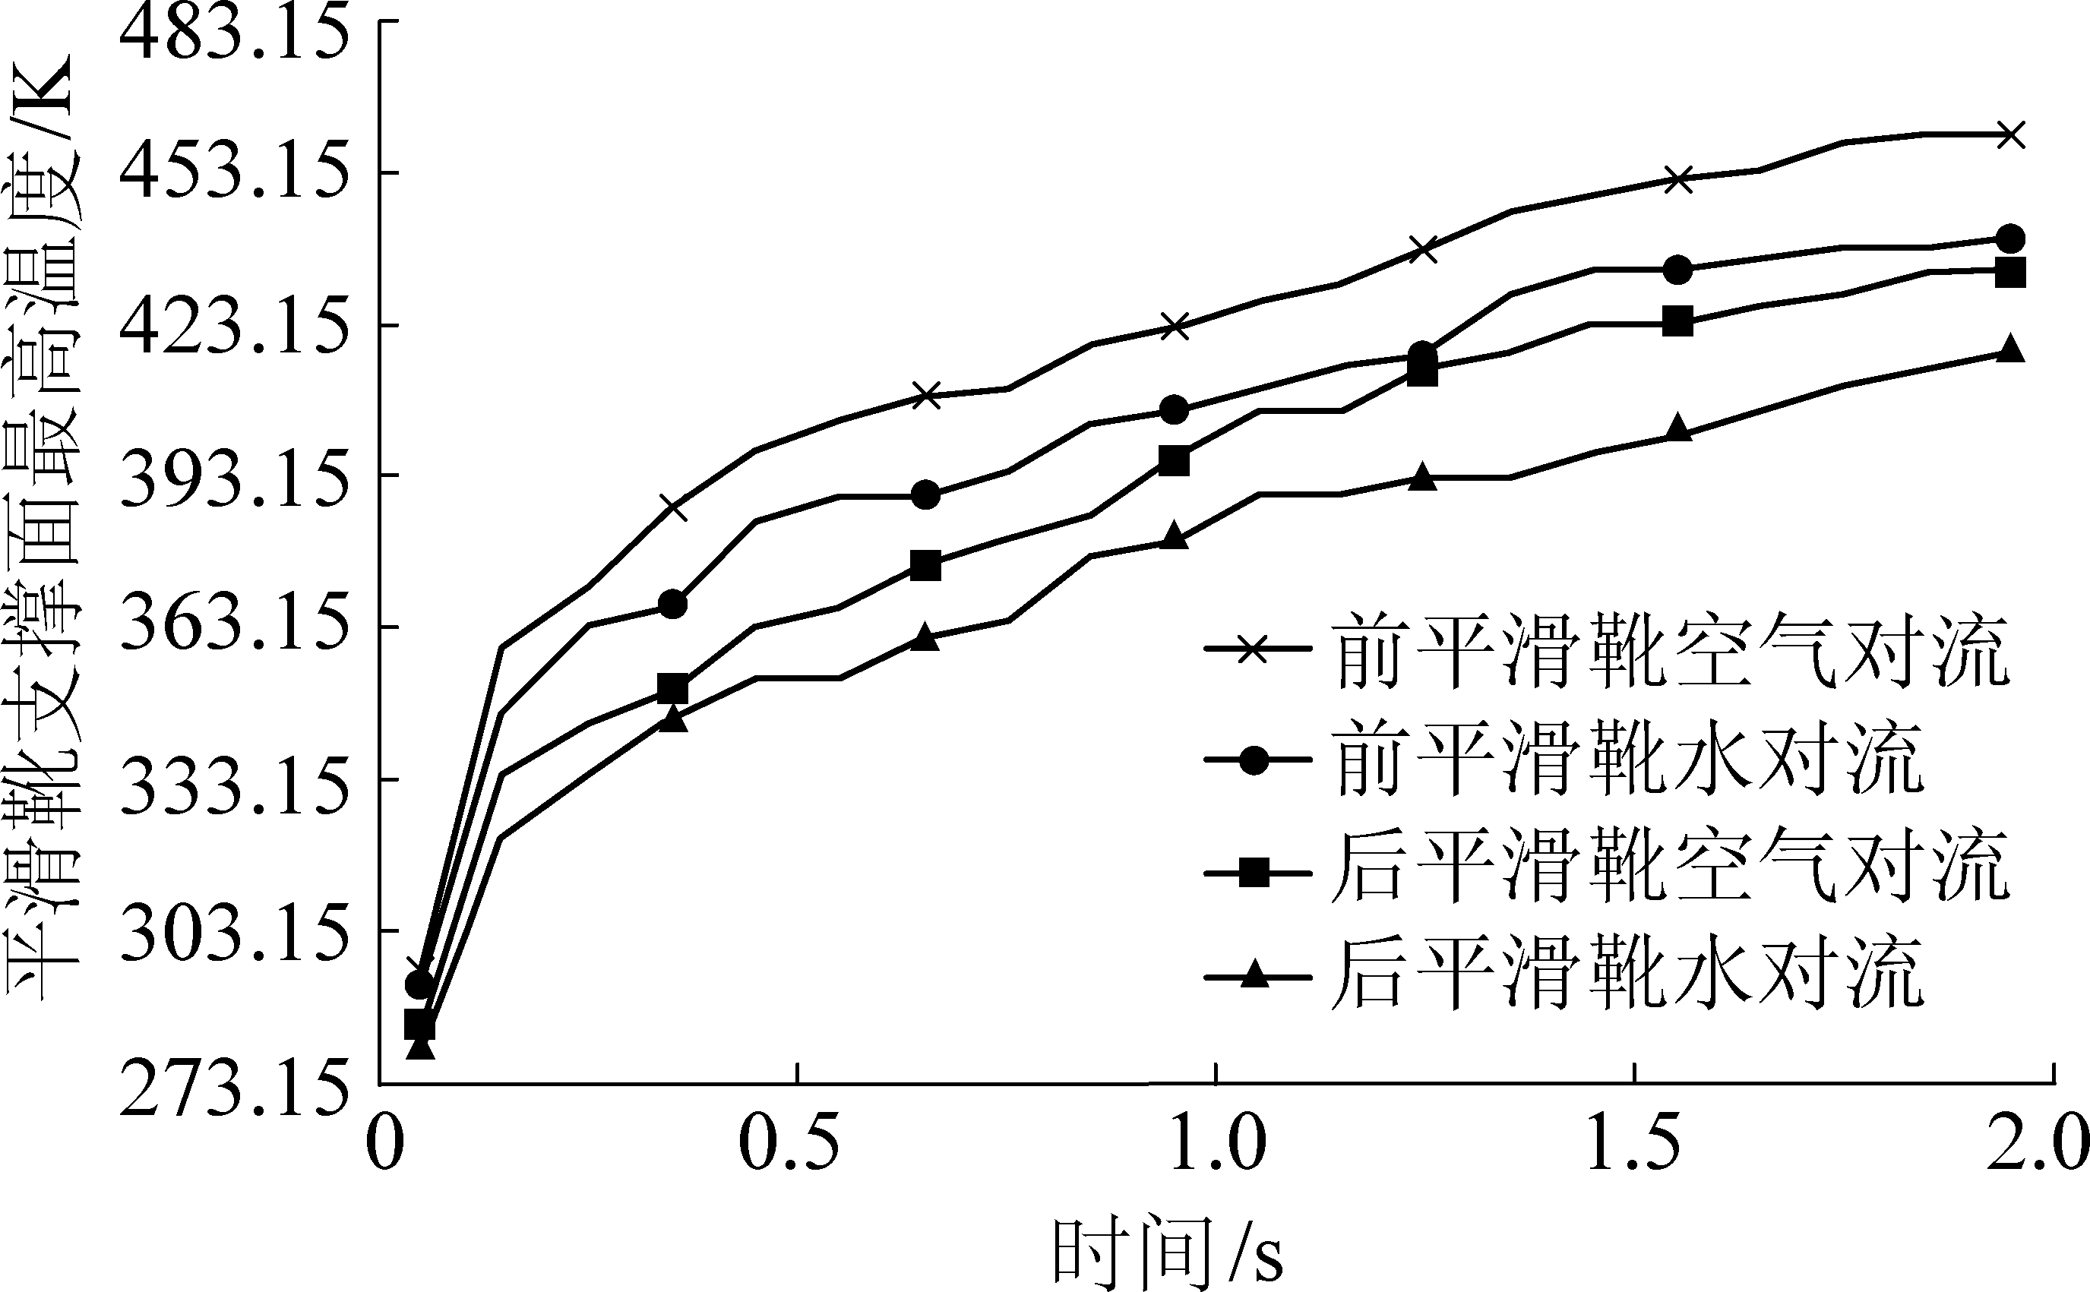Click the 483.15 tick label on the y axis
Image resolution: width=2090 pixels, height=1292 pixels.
234,33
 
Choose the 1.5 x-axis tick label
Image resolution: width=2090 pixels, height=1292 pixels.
1633,1144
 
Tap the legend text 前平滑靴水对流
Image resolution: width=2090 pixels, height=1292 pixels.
1629,759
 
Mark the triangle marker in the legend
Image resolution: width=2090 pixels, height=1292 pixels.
1254,974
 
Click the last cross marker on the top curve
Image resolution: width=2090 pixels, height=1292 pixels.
2012,135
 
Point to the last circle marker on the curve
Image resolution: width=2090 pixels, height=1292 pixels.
2012,238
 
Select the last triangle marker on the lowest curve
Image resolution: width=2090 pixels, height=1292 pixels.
2012,349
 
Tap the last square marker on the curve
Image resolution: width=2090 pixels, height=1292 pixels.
2012,273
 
